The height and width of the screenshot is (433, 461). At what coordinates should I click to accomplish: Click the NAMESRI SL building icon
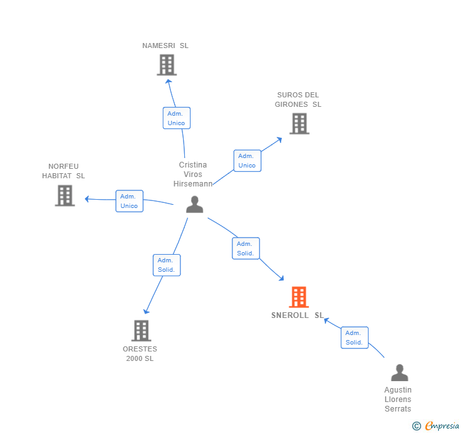click(167, 64)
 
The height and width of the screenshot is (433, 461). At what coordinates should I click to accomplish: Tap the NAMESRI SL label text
click(165, 46)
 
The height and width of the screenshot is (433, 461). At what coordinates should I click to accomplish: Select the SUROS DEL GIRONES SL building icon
click(299, 123)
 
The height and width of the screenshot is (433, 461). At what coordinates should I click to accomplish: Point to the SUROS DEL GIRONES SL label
click(298, 100)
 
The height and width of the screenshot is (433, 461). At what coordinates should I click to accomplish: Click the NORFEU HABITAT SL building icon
click(65, 195)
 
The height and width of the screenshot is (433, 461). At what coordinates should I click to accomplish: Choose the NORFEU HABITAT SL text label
click(63, 171)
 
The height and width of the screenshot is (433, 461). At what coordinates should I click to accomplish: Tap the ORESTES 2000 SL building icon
click(141, 330)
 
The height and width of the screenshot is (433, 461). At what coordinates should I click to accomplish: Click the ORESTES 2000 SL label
click(140, 354)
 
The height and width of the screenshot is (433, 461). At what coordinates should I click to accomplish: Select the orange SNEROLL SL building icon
click(299, 296)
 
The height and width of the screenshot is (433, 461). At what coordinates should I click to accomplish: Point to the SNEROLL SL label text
click(298, 315)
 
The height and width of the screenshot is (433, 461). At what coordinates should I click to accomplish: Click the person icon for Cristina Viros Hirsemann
click(194, 204)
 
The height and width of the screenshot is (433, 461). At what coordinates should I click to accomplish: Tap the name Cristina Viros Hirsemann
click(193, 174)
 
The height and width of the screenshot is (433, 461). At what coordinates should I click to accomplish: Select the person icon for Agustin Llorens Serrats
click(399, 372)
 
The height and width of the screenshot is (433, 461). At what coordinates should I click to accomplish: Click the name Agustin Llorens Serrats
click(398, 399)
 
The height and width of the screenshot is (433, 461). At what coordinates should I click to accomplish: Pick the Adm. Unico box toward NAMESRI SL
click(176, 118)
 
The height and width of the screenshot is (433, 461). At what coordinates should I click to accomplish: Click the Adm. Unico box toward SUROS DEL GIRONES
click(247, 161)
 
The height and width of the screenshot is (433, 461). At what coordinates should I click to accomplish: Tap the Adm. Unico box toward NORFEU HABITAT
click(129, 201)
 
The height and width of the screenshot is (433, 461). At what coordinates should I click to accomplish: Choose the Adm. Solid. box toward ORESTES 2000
click(167, 265)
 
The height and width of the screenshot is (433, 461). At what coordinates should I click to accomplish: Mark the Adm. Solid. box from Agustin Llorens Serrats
click(354, 338)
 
